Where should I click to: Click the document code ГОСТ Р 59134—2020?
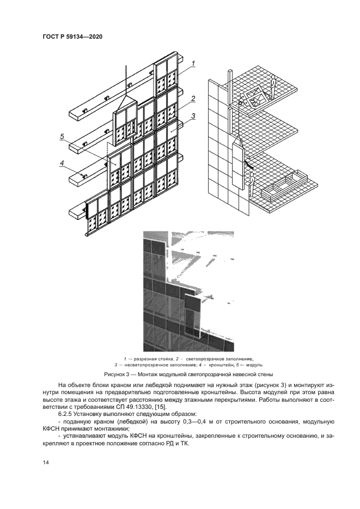tap(73, 37)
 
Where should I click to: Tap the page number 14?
tap(45, 462)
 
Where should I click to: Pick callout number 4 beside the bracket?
tap(62, 162)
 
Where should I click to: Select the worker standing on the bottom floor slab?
tap(252, 187)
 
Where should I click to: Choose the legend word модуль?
tap(254, 364)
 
